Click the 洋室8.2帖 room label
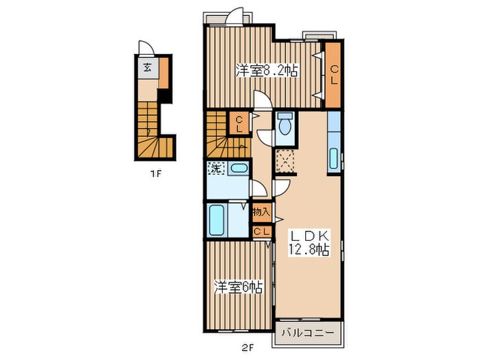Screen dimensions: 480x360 click(x=266, y=71)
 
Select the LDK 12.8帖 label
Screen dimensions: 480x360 click(x=309, y=243)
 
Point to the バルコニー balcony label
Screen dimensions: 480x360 click(x=308, y=333)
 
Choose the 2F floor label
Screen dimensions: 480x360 click(x=248, y=348)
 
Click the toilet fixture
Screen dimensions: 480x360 click(x=285, y=124)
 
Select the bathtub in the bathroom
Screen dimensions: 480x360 click(x=217, y=219)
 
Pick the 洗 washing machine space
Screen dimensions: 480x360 click(x=217, y=169)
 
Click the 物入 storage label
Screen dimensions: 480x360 click(x=262, y=211)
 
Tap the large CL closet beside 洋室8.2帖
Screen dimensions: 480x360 click(x=333, y=75)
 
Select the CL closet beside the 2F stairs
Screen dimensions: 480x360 click(x=239, y=123)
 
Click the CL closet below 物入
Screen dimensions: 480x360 click(x=262, y=232)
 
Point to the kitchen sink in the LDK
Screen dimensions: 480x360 click(x=334, y=158)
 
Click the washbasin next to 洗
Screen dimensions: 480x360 click(x=239, y=169)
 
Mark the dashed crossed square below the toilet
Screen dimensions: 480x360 click(x=285, y=161)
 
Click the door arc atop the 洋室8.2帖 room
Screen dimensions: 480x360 click(x=235, y=15)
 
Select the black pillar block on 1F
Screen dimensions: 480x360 click(x=165, y=96)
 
